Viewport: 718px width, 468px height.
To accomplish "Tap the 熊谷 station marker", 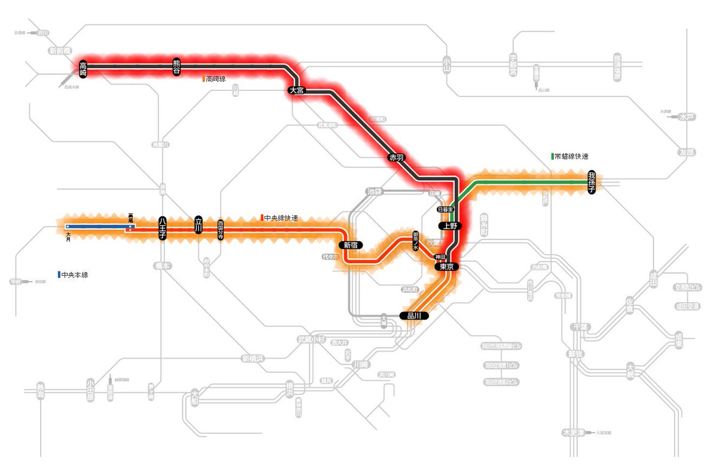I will [x=177, y=66].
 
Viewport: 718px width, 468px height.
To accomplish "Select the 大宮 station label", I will [x=296, y=91].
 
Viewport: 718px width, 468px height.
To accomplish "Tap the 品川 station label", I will [x=414, y=315].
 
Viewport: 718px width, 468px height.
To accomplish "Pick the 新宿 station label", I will [x=351, y=245].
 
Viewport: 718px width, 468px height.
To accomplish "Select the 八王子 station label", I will [x=162, y=228].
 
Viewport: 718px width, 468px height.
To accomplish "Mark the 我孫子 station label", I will [x=592, y=181].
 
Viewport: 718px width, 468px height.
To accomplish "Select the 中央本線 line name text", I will [x=80, y=275].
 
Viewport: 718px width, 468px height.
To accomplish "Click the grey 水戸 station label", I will [x=687, y=117].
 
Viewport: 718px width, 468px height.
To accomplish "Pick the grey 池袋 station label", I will [x=375, y=192].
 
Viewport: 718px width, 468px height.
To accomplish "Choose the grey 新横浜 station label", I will [x=252, y=358].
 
